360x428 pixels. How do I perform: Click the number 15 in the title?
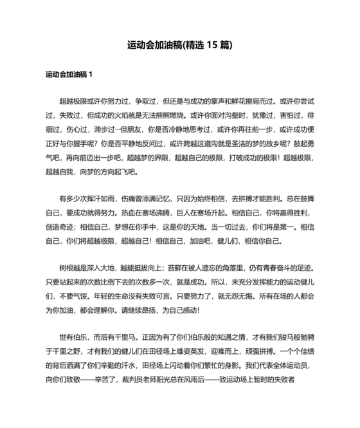click(212, 45)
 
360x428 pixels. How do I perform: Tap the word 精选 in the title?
click(194, 45)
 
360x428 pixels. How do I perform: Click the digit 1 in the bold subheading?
click(91, 75)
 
